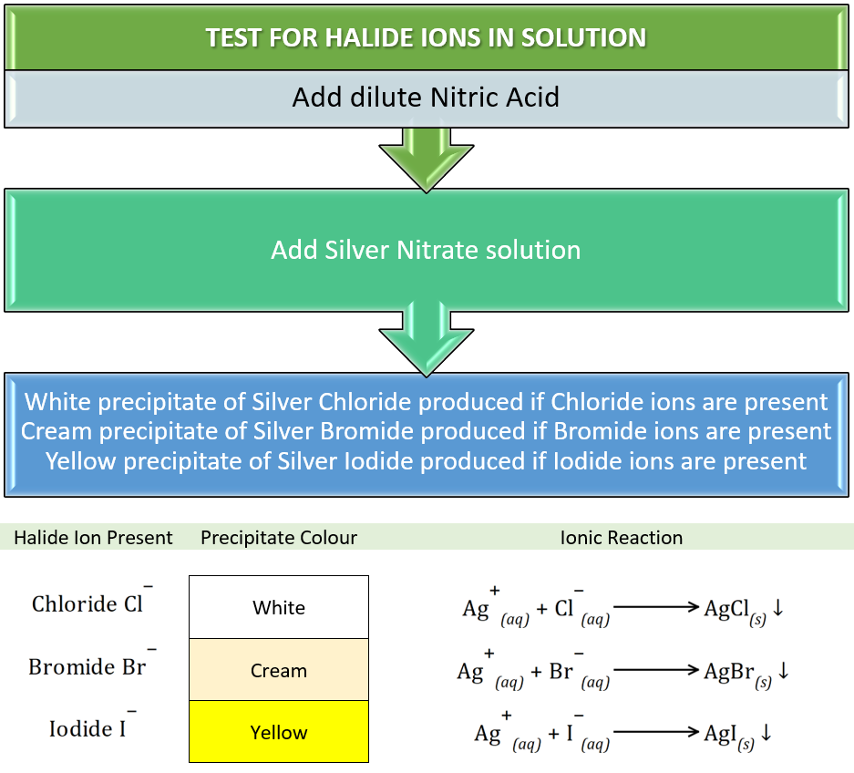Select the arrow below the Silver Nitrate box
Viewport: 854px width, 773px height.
427,341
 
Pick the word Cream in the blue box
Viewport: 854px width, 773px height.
57,431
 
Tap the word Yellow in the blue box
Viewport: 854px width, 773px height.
81,461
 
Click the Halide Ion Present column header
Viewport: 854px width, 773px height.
93,538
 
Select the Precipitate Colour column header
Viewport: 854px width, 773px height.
279,538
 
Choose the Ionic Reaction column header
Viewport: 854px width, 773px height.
622,538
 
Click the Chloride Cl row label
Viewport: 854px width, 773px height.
92,601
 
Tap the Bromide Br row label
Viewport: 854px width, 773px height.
93,664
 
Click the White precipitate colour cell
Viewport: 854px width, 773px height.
279,607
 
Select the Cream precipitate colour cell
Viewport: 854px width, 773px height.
279,669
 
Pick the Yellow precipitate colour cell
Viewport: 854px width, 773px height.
279,732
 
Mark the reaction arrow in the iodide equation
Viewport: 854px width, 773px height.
656,732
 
